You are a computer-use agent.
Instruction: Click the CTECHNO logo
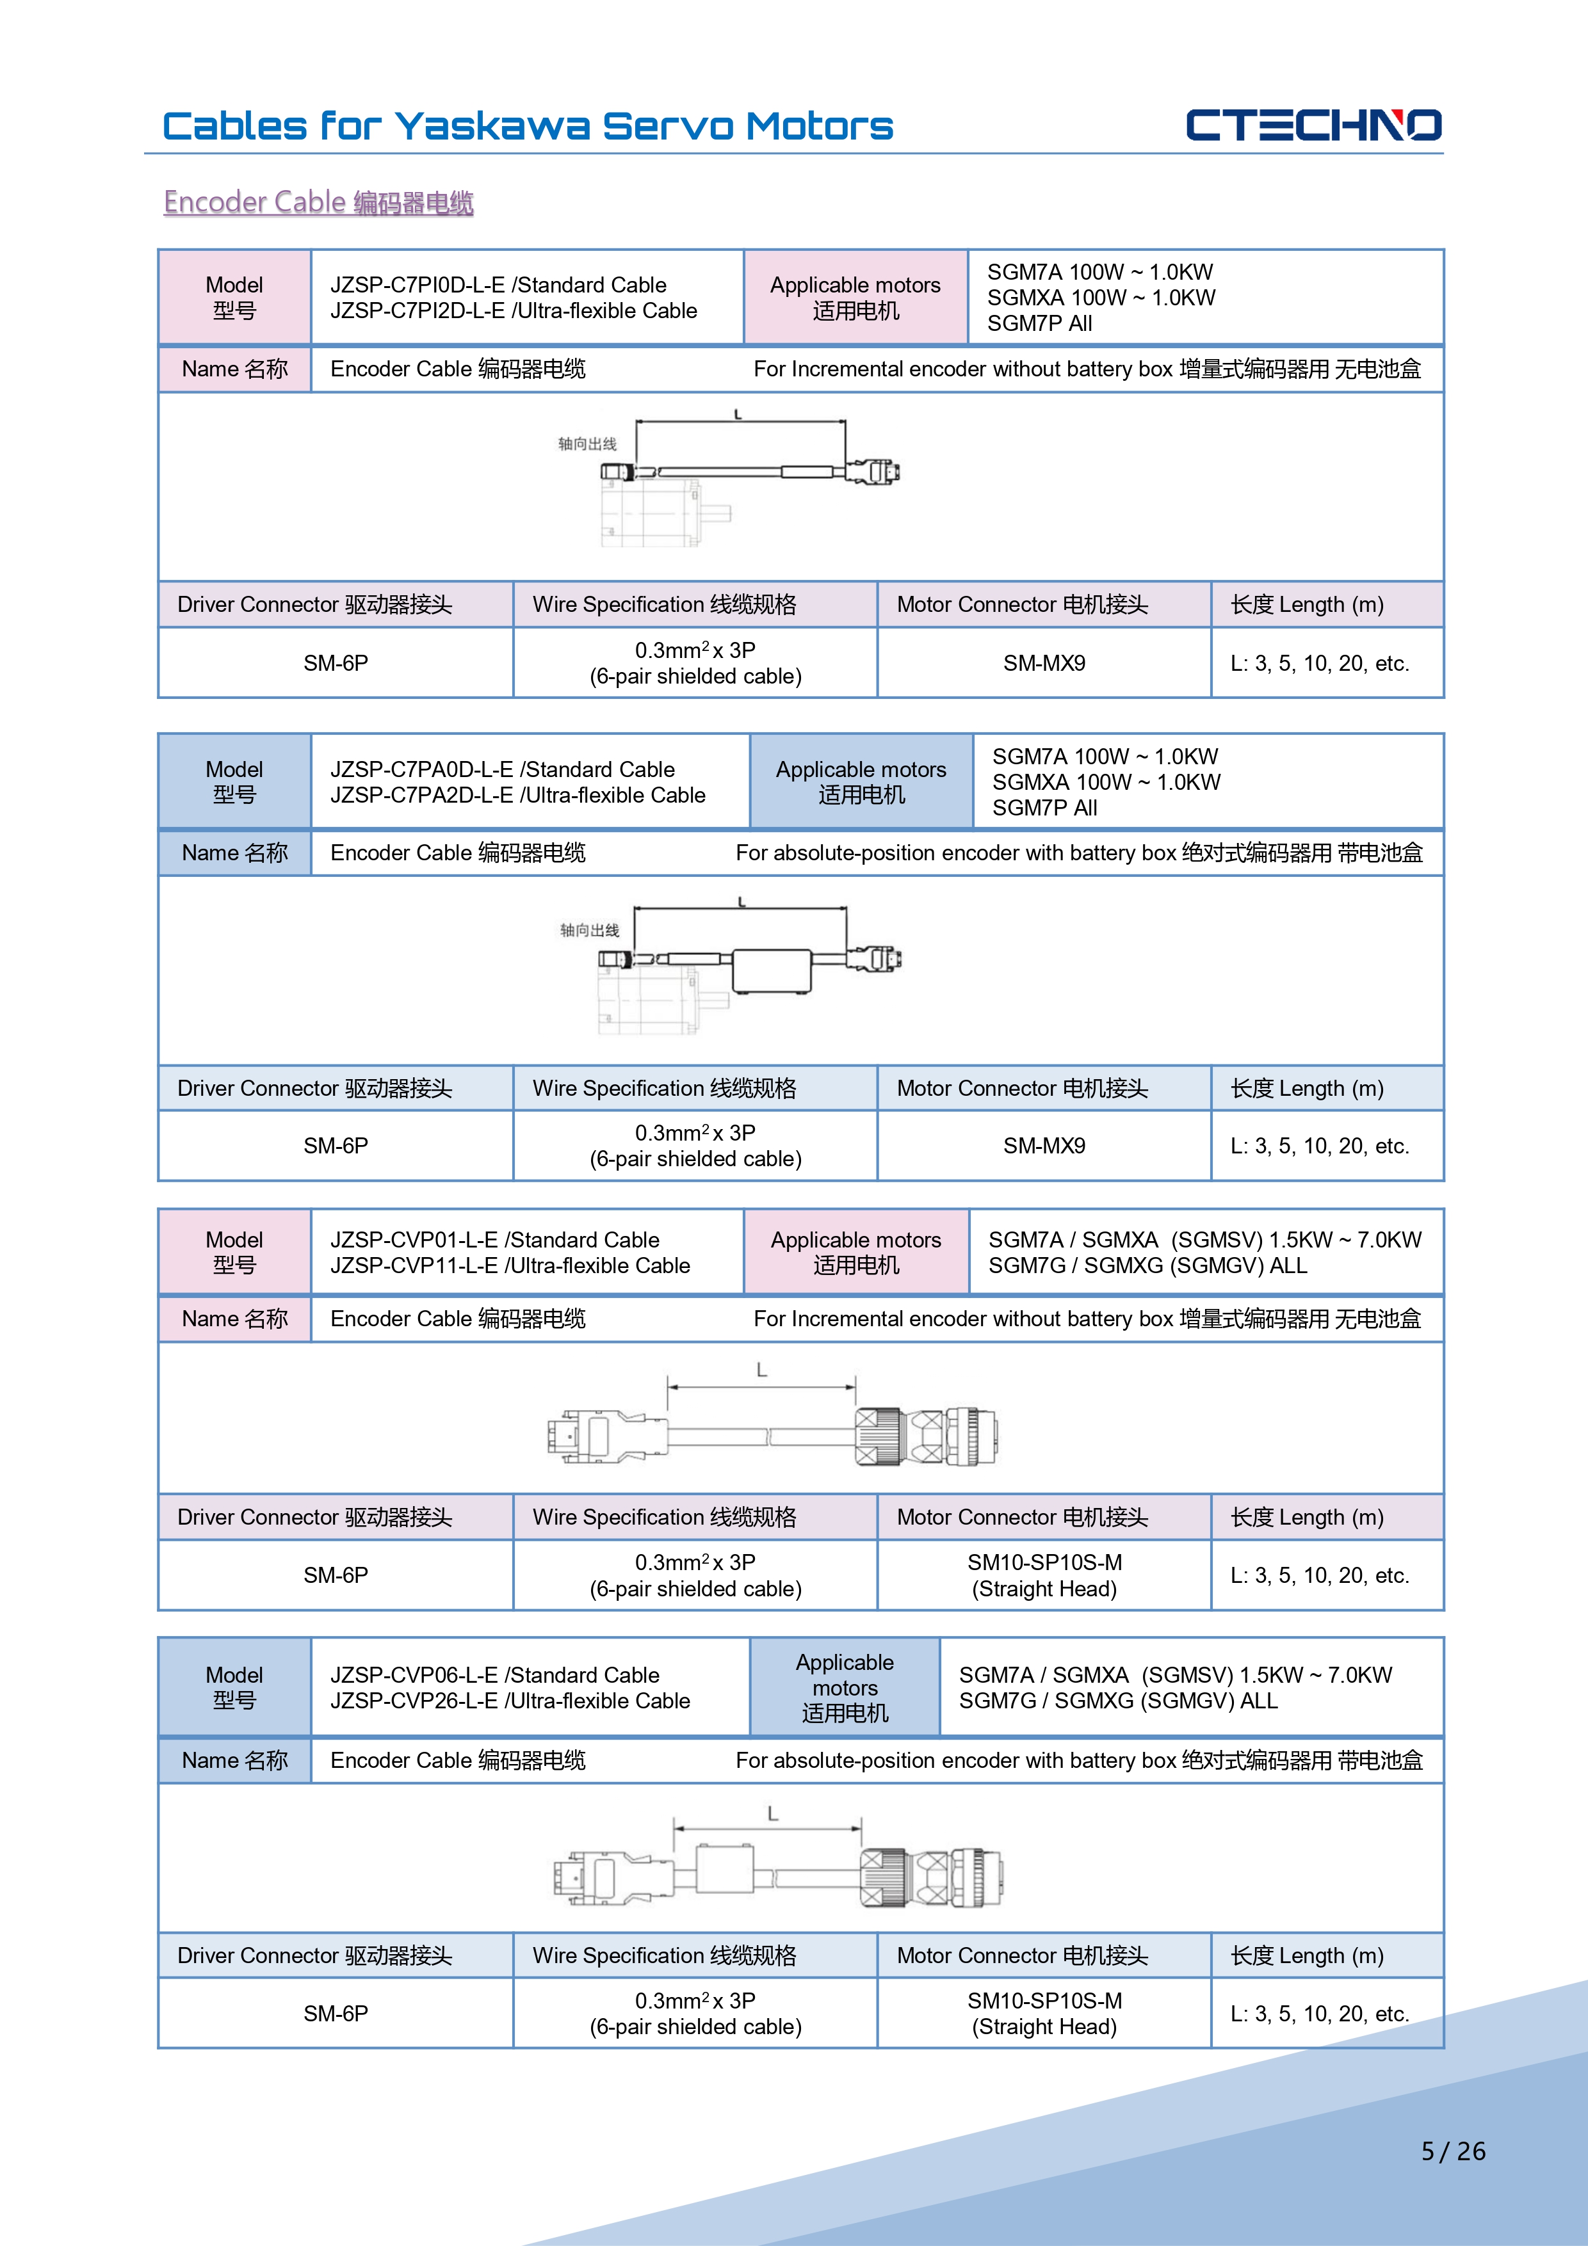tap(1313, 125)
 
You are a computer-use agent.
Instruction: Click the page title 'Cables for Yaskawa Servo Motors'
tap(528, 127)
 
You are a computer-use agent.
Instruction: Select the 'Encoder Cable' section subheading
tap(318, 202)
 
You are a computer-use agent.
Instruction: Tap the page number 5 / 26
tap(1453, 2151)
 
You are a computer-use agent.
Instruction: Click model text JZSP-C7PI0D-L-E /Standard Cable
tap(498, 285)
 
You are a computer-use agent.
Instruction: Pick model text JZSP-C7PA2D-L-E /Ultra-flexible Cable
tap(517, 796)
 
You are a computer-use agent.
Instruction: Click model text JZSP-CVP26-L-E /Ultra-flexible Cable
tap(510, 1701)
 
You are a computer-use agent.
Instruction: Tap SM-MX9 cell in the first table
tap(1044, 663)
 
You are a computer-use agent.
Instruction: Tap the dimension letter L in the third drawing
tap(761, 1370)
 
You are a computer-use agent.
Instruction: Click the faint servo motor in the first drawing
tap(651, 513)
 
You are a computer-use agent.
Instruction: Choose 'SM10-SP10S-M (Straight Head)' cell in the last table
tap(1044, 2013)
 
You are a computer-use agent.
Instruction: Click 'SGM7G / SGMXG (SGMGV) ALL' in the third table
tap(1147, 1266)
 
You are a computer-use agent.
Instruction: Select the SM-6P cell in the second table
tap(336, 1146)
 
